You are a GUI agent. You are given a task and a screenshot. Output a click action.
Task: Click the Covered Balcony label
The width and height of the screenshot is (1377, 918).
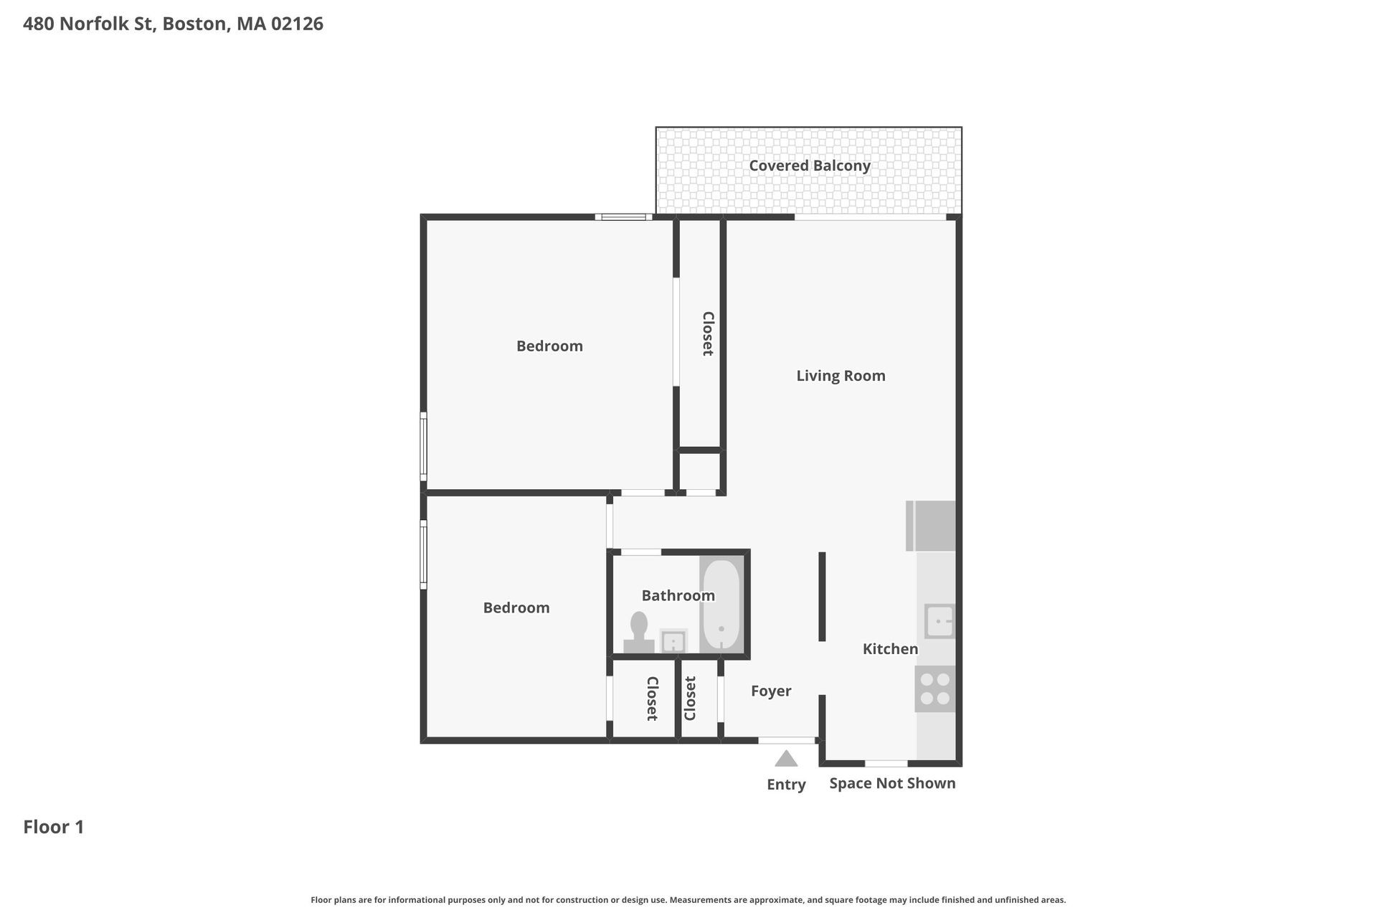809,166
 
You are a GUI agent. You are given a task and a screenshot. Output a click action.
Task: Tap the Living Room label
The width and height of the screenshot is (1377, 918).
841,376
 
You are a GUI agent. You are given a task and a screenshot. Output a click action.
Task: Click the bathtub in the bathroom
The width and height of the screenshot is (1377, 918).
721,604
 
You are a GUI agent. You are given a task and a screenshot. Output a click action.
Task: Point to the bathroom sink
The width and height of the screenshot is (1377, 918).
673,641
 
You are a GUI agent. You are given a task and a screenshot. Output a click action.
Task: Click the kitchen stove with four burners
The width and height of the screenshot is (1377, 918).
934,688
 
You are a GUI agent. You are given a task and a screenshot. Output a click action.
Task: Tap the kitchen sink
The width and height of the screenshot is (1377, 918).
939,621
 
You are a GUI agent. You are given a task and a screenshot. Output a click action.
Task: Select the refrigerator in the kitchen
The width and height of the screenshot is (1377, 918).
932,526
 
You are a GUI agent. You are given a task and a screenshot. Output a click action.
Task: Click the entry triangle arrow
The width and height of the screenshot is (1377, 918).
786,759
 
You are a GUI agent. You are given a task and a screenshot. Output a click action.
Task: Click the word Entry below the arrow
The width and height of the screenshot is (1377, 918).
786,785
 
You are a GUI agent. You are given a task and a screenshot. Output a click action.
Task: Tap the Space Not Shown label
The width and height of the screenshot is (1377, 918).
892,783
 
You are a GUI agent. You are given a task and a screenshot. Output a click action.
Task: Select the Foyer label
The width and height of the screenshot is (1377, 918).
771,691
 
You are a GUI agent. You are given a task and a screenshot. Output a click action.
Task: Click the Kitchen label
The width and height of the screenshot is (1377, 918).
890,649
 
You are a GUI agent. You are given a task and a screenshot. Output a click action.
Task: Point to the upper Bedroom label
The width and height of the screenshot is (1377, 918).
549,346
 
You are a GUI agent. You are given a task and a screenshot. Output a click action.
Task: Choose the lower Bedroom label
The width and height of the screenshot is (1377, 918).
516,608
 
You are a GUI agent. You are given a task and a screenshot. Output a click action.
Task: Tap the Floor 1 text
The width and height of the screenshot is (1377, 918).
54,827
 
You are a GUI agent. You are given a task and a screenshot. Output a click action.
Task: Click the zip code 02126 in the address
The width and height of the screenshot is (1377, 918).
297,24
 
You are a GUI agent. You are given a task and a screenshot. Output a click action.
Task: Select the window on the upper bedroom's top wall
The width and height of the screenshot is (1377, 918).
623,217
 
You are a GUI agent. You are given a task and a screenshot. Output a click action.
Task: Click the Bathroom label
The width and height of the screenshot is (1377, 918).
678,595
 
